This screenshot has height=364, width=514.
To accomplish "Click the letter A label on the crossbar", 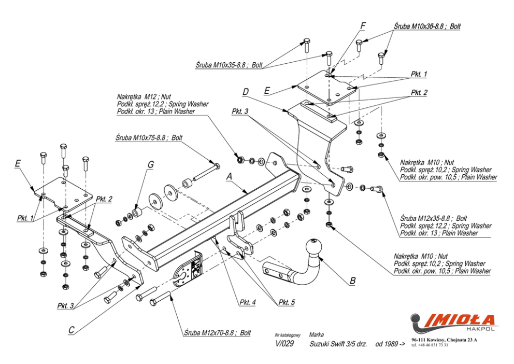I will tap(229, 176).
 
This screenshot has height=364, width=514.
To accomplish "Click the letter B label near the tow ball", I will tap(353, 281).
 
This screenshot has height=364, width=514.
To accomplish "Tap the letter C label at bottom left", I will tap(71, 329).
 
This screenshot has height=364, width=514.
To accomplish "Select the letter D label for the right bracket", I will tap(246, 92).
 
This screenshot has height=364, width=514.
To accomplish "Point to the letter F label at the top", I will tap(363, 25).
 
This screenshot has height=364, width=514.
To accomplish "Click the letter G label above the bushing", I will tap(150, 165).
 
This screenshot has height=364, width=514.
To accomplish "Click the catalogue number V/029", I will tap(284, 344).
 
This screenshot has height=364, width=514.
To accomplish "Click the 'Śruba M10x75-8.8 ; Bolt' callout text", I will tap(149, 138).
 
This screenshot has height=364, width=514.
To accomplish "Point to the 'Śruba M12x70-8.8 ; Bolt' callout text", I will tap(217, 332).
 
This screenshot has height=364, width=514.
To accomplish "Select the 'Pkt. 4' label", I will tap(247, 302).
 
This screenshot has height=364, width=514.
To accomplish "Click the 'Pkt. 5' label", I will tap(286, 302).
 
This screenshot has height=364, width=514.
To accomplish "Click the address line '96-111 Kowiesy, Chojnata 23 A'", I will tap(444, 340).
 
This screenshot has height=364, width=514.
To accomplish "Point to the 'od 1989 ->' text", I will tap(390, 344).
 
